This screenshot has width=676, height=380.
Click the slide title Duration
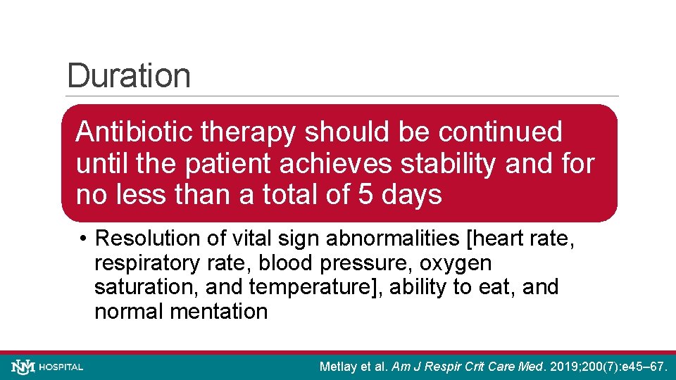pos(129,76)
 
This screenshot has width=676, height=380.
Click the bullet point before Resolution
pos(83,239)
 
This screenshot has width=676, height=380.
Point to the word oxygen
pos(458,263)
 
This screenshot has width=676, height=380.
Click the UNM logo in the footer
pos(23,367)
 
